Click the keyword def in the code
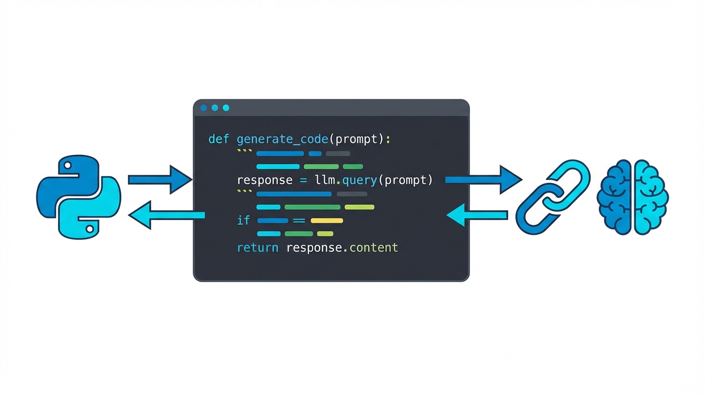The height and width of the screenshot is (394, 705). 218,140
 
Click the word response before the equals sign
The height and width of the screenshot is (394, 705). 264,180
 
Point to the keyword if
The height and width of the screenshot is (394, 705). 243,221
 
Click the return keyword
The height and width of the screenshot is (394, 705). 257,248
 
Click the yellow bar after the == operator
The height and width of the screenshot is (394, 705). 326,221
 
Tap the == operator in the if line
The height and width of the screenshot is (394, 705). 299,221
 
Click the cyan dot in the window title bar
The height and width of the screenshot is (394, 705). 226,108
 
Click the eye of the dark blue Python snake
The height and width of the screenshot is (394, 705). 68,166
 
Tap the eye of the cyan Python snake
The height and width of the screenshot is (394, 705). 90,228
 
